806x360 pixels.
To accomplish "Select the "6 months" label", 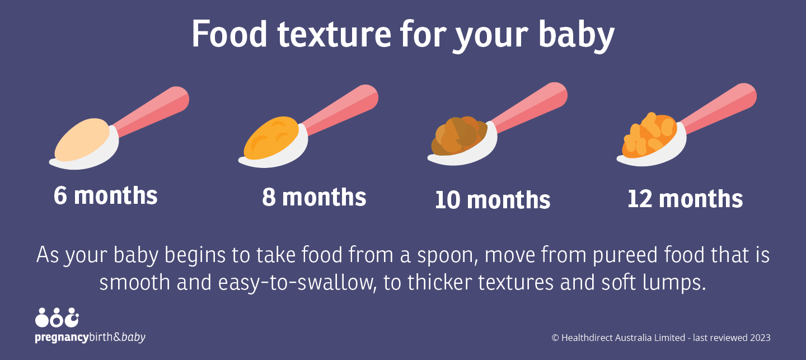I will coord(106,195).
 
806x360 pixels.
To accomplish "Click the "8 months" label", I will coord(314,197).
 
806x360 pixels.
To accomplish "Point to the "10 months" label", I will coord(493,200).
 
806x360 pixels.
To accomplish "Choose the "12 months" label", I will coord(685,199).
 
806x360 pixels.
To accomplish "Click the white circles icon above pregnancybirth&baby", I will coord(57,318).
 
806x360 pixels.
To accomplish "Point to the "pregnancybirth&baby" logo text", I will coord(90,338).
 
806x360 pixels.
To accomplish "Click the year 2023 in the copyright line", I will coord(760,338).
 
